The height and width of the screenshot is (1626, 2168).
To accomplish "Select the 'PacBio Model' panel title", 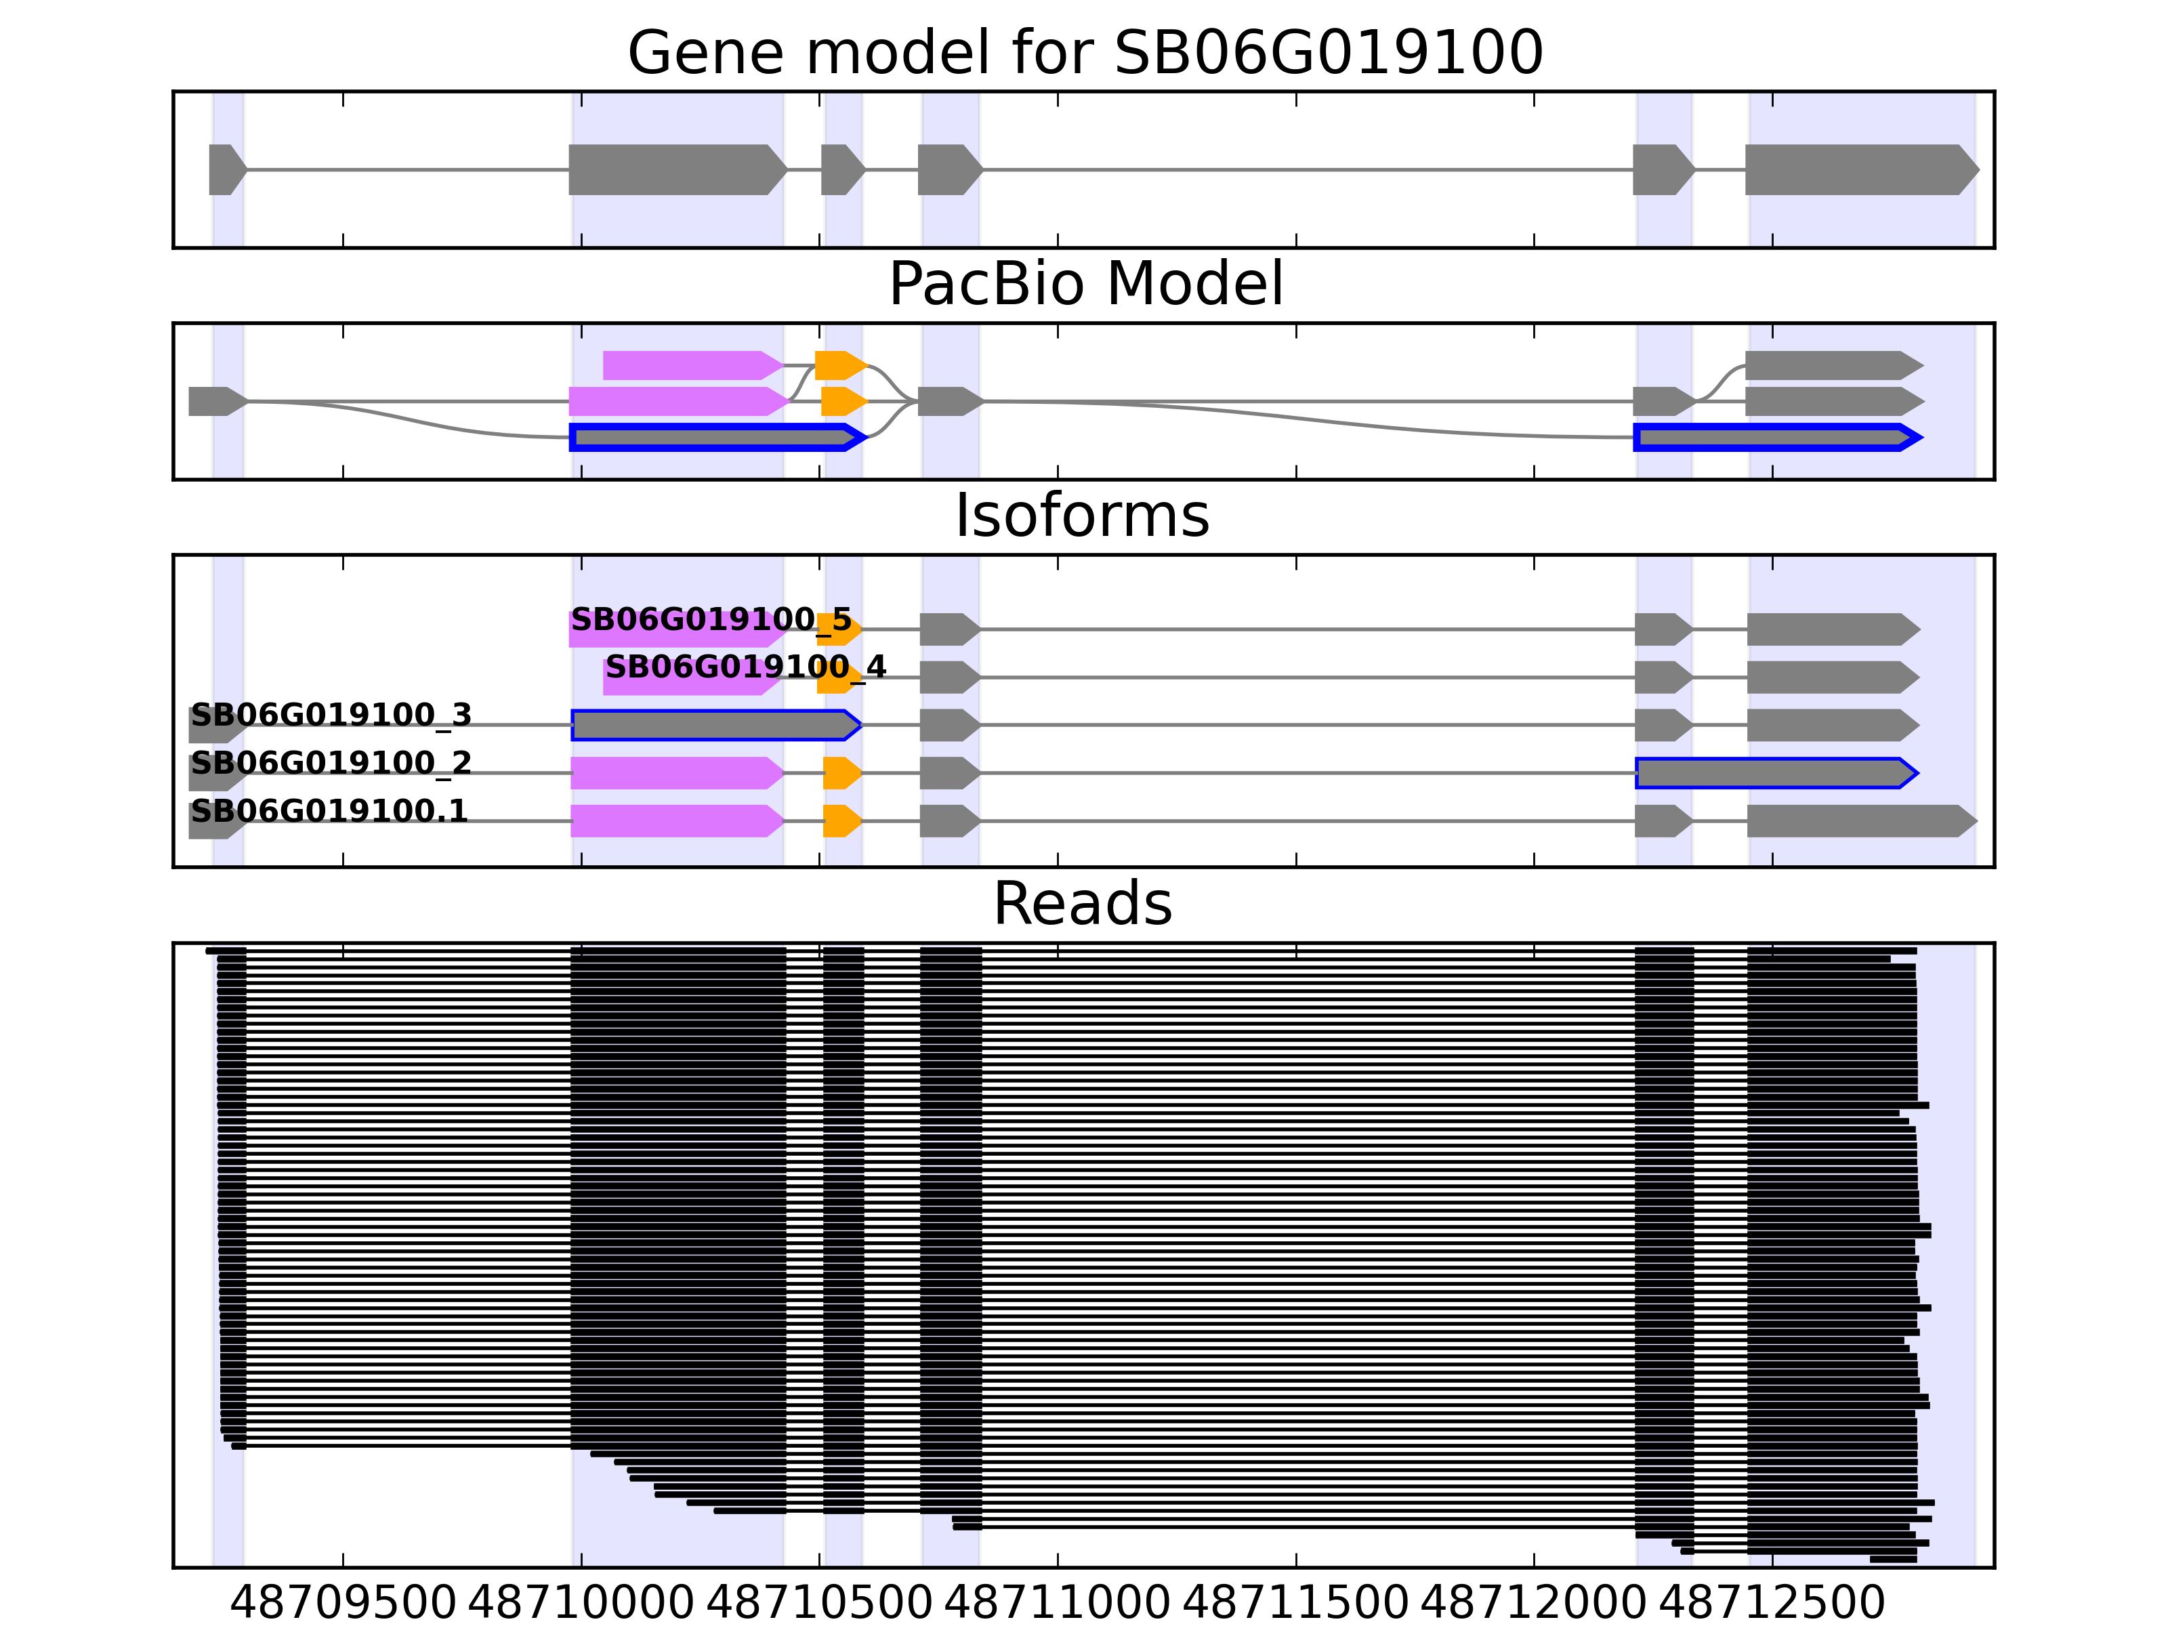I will (1085, 285).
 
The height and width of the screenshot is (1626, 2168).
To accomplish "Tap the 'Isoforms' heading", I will (1082, 516).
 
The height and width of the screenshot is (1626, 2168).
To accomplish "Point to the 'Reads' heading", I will (1082, 904).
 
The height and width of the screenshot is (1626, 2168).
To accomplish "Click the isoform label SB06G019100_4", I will (745, 667).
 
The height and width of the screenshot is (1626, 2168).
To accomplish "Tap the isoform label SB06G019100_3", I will (331, 715).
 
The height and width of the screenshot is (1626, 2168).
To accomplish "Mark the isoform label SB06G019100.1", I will (329, 812).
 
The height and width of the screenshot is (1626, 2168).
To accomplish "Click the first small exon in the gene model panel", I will (226, 169).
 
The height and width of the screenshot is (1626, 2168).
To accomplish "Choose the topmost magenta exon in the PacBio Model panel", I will (691, 366).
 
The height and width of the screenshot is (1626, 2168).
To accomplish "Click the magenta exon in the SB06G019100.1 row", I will (676, 821).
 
